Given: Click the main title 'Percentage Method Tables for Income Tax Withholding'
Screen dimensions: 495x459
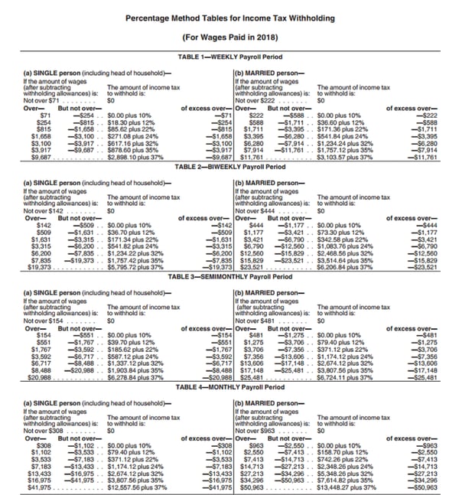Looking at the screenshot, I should point(229,18).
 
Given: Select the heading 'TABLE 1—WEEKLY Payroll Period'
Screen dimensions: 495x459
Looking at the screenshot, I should point(229,57).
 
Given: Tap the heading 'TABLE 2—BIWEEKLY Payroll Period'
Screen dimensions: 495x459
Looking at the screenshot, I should point(229,166).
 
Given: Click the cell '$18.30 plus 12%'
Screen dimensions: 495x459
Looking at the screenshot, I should point(132,121).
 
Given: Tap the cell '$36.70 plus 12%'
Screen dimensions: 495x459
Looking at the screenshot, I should point(132,230).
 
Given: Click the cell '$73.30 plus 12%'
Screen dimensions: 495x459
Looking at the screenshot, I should point(342,230).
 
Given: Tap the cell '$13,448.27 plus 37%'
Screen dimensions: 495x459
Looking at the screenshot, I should point(348,487).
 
